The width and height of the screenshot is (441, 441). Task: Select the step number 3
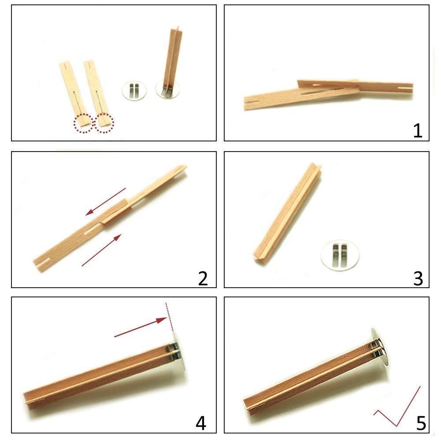[x=417, y=278]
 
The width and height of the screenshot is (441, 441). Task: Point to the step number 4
[x=200, y=423]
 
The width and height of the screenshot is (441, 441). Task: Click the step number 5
[x=421, y=423]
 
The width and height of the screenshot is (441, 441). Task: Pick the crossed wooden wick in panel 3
[x=288, y=213]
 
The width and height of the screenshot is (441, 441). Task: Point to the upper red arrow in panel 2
[x=106, y=201]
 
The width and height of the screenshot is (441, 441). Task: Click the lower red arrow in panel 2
[x=102, y=250]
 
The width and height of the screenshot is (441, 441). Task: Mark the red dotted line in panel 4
[x=169, y=316]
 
